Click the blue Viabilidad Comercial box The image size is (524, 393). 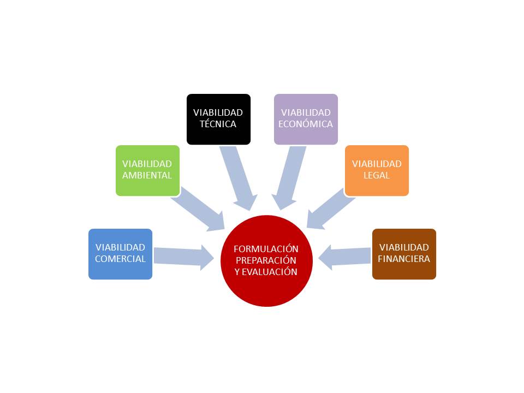pos(120,254)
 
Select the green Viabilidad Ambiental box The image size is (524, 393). pos(147,170)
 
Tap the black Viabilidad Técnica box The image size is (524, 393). pos(218,119)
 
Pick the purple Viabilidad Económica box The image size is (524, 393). pos(306,119)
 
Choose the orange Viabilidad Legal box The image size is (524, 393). pos(377,170)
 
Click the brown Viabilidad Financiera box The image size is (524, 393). pos(404,254)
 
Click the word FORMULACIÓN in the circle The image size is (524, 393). pos(266,248)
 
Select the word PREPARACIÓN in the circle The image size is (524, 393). pos(266,260)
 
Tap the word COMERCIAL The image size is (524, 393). pos(120,259)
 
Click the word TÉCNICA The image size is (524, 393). pos(218,124)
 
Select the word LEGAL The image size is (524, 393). pos(377,176)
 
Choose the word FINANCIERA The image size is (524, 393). pos(404,259)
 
